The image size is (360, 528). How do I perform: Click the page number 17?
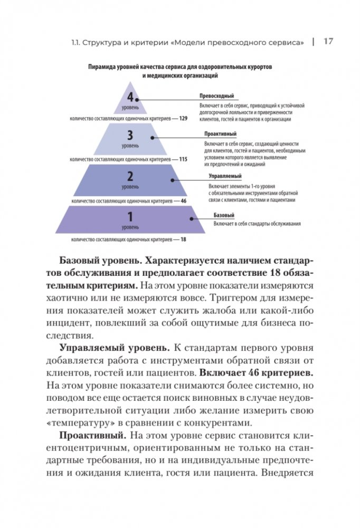[x=327, y=41]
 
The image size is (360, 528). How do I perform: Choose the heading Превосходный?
[x=216, y=96]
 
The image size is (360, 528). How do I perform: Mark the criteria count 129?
[x=183, y=119]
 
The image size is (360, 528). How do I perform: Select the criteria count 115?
[x=183, y=159]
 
